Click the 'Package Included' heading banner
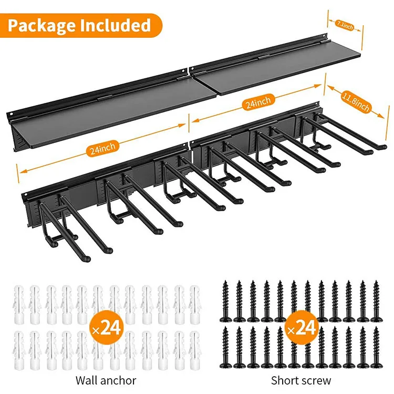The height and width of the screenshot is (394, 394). [x=79, y=25]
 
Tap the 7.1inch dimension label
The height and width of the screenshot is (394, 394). [x=344, y=24]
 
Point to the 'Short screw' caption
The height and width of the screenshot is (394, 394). [x=301, y=380]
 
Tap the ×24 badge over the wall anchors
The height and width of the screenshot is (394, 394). [x=107, y=328]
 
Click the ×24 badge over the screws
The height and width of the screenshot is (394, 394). [x=302, y=328]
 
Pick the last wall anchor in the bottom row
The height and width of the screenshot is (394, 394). [x=194, y=347]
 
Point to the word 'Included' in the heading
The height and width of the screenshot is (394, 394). [x=116, y=25]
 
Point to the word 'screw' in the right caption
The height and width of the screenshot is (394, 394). [x=316, y=380]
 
